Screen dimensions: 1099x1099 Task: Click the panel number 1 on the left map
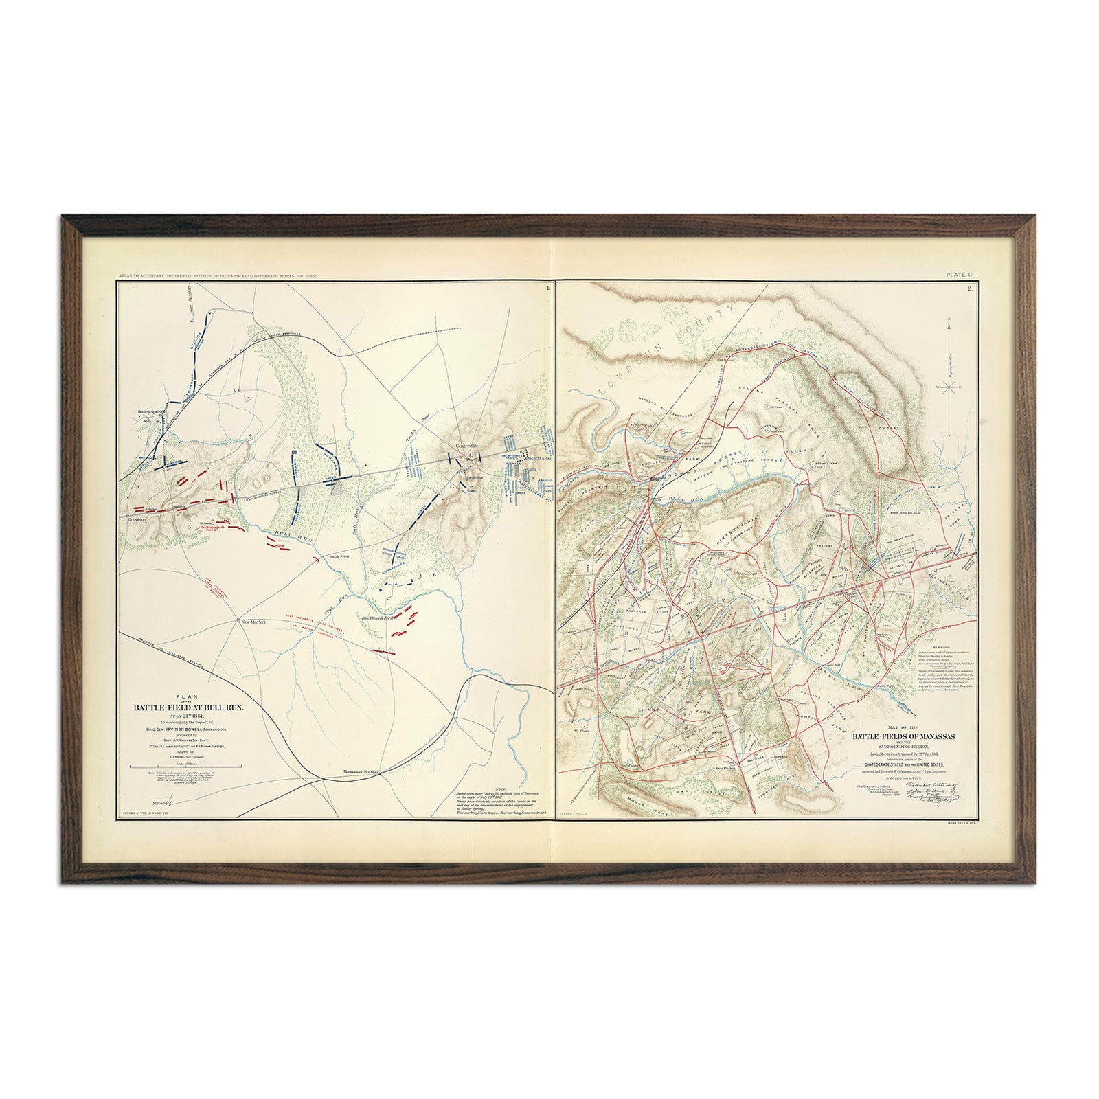tap(547, 288)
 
